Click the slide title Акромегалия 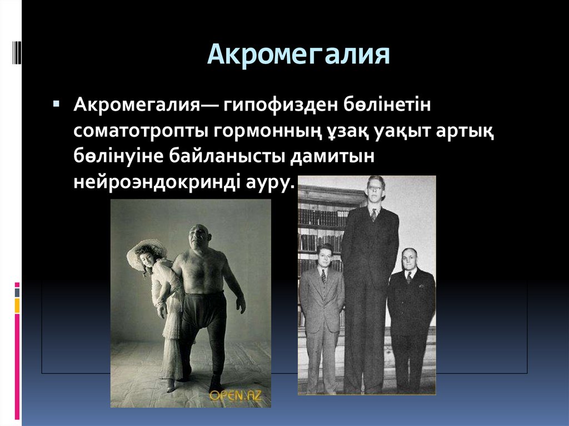[x=298, y=56]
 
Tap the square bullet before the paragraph [x=56, y=104]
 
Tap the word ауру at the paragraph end [x=271, y=183]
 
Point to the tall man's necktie [x=374, y=214]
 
